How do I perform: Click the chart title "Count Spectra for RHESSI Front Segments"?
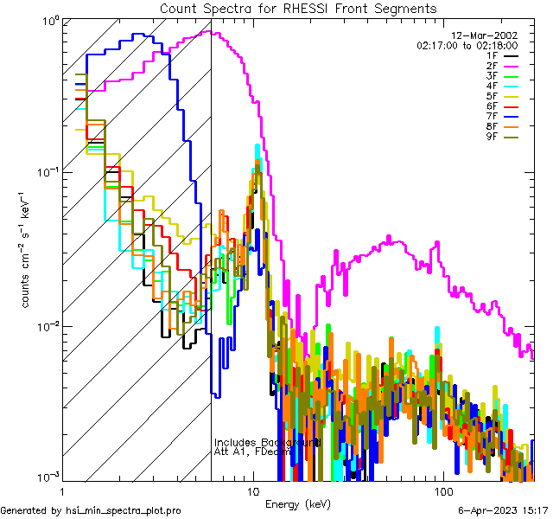[298, 8]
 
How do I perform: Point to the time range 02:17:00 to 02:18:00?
[467, 45]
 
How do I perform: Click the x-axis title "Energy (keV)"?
[297, 503]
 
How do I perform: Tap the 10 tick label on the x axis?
[252, 490]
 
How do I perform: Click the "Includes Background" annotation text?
[267, 442]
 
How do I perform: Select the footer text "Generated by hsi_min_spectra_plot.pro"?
[91, 511]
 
